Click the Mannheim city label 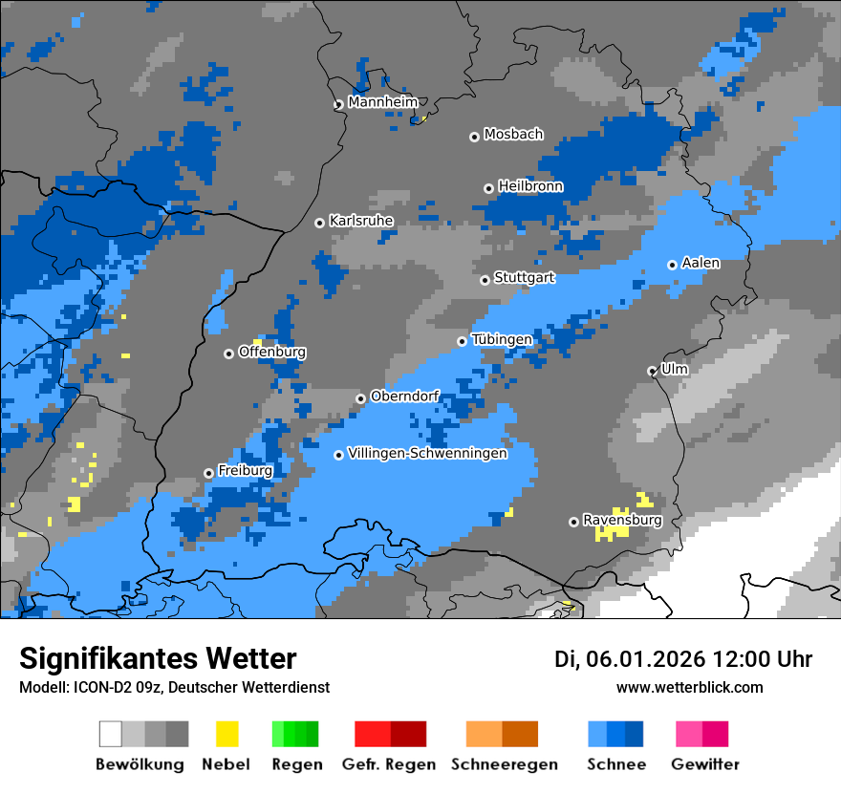pos(383,102)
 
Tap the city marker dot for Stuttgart pos(485,280)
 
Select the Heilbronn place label pos(530,186)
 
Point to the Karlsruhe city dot pos(320,223)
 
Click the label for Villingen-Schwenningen pos(427,453)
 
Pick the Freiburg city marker pos(208,473)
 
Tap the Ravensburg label pos(622,520)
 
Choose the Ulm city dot pos(653,371)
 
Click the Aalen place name pos(701,263)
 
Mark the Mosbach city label pos(513,135)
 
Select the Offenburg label pos(272,352)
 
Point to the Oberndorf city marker pos(360,398)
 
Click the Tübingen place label pos(502,339)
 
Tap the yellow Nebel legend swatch pos(226,734)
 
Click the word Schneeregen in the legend pos(504,764)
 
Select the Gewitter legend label pos(705,764)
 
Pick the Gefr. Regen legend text pos(389,764)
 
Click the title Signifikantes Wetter pos(158,658)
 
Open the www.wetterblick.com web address pos(689,687)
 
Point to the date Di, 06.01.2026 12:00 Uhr pos(683,659)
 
